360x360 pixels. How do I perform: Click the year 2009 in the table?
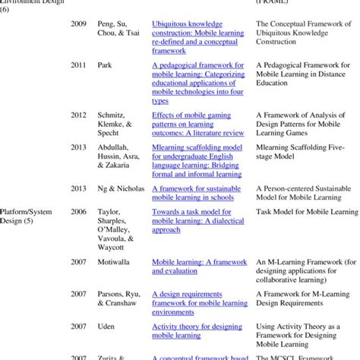(77, 24)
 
